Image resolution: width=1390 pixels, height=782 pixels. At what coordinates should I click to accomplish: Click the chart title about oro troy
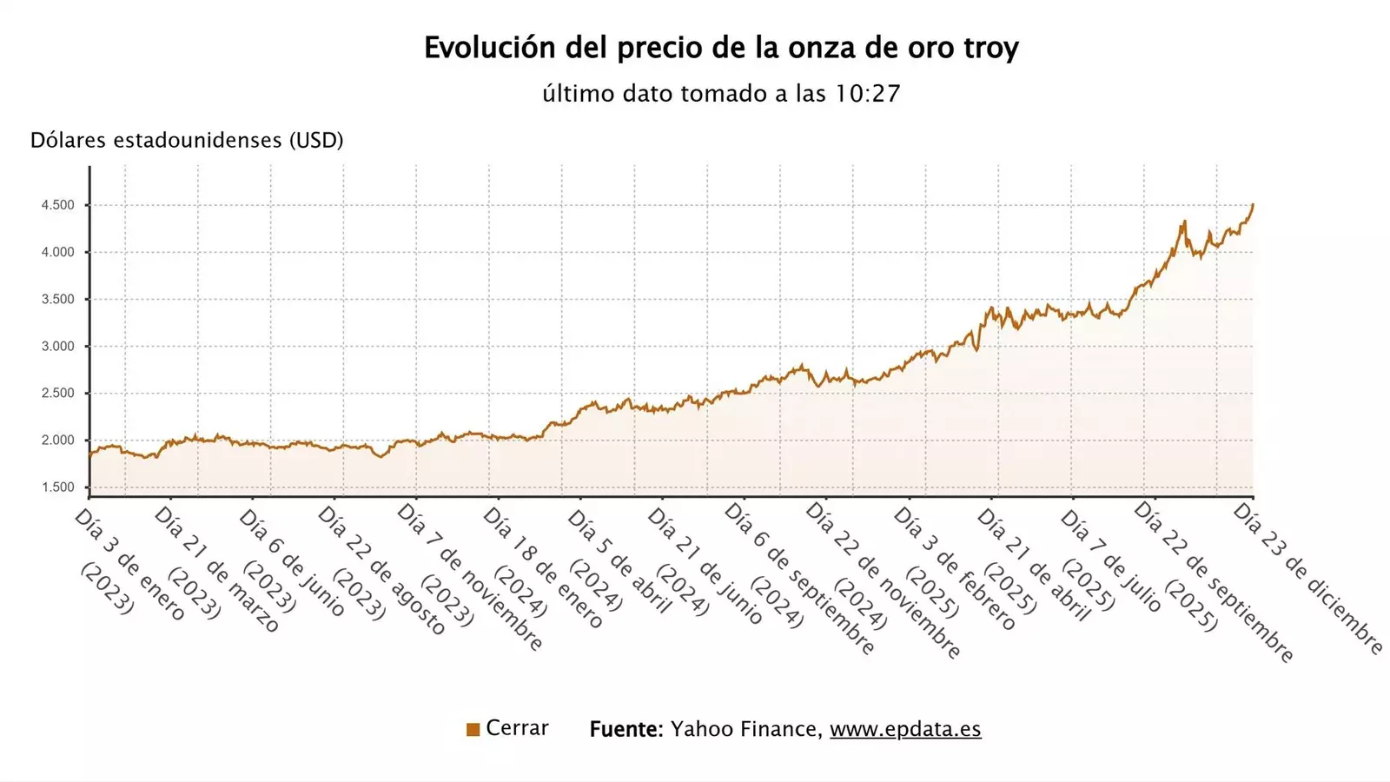pos(721,48)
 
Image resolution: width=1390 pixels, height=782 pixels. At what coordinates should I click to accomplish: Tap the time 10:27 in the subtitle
pos(867,94)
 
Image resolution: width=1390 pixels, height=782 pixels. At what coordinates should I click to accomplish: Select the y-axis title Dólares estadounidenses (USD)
pos(187,141)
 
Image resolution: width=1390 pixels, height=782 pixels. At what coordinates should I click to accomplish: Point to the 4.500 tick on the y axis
pos(58,206)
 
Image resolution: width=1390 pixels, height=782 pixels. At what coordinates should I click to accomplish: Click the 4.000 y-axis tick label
pos(58,253)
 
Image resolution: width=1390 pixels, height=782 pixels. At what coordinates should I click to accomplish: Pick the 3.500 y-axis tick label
pos(58,300)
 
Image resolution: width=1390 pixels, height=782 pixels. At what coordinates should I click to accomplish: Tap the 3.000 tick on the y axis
pos(58,347)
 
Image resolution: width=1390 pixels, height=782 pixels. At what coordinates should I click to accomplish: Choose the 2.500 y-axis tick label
pos(58,394)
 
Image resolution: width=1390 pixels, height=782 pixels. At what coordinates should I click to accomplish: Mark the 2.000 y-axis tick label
pos(58,441)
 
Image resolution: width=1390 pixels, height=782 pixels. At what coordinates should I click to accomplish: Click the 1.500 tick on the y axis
pos(58,487)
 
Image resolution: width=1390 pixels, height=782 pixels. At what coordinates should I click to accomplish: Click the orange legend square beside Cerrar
pos(473,730)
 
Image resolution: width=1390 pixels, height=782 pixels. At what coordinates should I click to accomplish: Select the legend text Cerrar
pos(517,728)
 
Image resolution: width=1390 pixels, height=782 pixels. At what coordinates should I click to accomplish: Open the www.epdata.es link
pos(905,729)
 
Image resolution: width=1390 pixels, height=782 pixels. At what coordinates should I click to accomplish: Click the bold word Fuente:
pos(626,729)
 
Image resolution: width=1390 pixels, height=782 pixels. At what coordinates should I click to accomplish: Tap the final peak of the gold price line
pos(1253,205)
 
